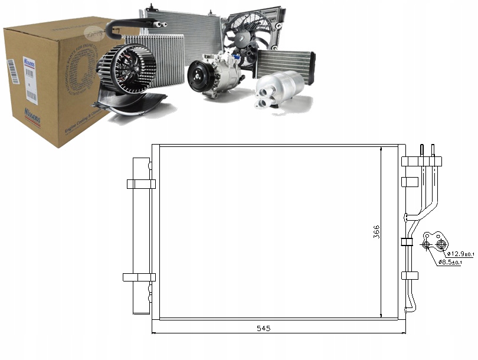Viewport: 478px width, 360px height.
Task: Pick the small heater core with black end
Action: click(284, 63)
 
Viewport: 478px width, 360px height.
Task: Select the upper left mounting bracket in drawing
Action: click(141, 184)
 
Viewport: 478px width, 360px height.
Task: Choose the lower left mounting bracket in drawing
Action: click(139, 277)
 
